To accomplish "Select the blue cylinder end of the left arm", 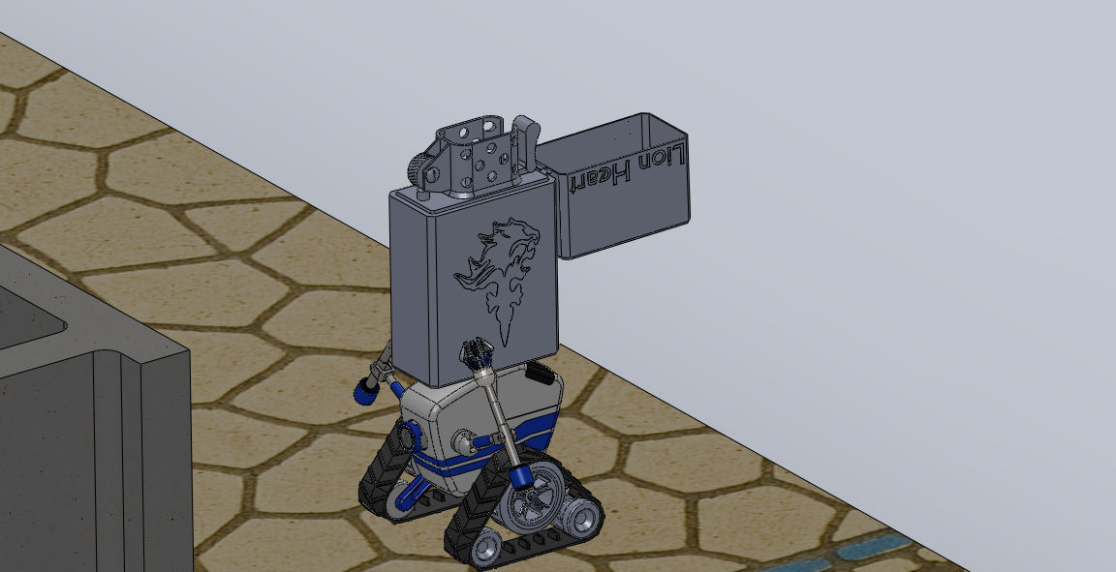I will click(x=366, y=391).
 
